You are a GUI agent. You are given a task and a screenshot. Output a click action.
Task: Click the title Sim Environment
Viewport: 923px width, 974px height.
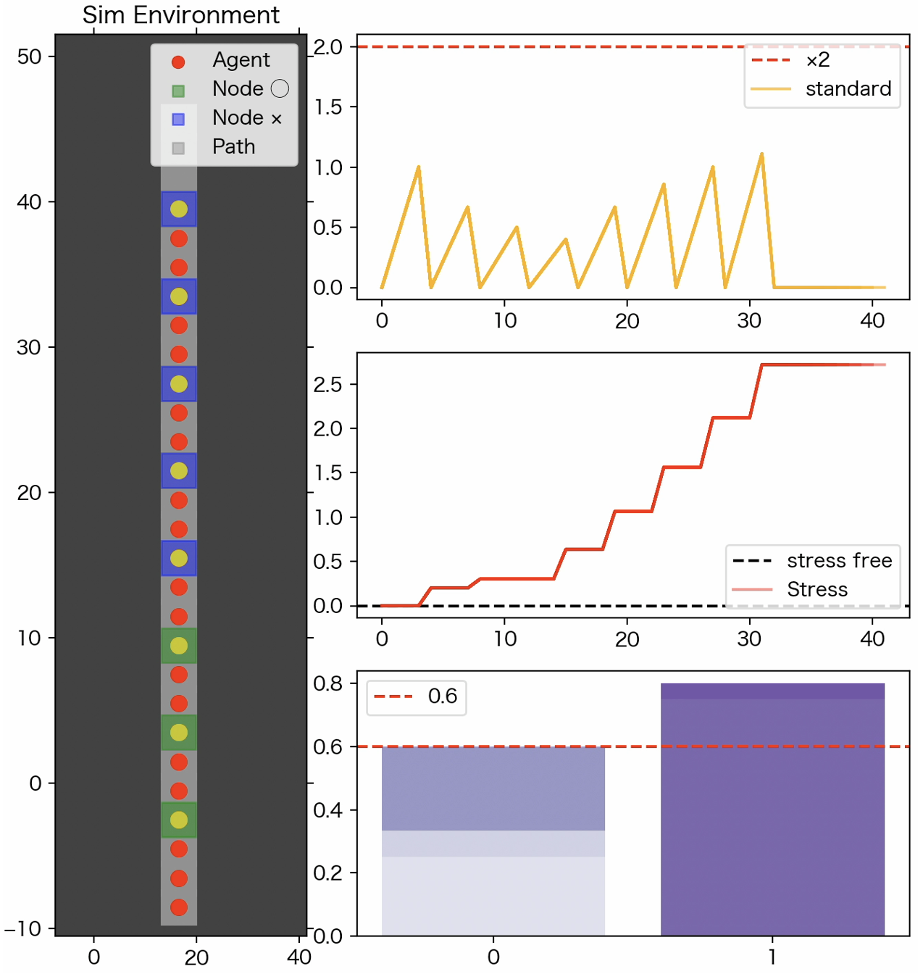point(180,14)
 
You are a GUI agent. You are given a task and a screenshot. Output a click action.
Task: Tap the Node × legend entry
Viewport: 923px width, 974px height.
point(225,118)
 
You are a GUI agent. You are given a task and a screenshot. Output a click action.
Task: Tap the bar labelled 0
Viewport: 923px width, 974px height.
point(493,841)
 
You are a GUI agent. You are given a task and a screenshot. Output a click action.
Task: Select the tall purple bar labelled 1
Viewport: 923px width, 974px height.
point(772,809)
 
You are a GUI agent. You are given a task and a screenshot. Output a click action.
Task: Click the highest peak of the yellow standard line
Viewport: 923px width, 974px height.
point(761,154)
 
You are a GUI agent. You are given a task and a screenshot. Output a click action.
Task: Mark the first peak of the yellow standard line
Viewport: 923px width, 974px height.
point(419,167)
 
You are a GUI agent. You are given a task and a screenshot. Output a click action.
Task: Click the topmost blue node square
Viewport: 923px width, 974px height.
point(179,209)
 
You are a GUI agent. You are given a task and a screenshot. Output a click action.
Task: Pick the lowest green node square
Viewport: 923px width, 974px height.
point(179,820)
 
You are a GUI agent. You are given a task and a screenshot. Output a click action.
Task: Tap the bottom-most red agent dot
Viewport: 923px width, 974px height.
point(179,907)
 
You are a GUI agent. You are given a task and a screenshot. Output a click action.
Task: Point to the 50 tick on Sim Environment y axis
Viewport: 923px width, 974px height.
point(30,57)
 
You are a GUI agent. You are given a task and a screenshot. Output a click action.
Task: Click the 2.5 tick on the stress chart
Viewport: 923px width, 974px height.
point(327,384)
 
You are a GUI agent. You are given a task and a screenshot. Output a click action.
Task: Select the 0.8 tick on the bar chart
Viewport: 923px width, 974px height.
point(327,683)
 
